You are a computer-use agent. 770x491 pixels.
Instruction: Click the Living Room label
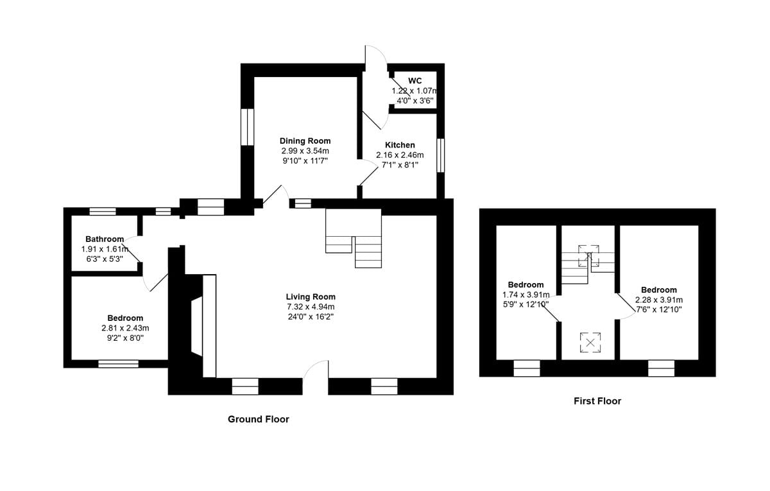pos(311,297)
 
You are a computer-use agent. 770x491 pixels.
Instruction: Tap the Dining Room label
pos(305,141)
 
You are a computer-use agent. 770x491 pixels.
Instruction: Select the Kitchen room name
pos(400,145)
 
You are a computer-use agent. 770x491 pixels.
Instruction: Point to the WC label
pos(415,81)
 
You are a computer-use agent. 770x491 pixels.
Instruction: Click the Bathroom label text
pos(105,239)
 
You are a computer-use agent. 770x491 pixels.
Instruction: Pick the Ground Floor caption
pos(258,419)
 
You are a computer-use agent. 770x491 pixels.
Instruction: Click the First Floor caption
pos(597,401)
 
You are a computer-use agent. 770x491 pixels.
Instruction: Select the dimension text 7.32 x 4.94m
pos(311,307)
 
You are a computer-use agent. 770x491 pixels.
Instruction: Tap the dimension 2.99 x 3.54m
pos(305,151)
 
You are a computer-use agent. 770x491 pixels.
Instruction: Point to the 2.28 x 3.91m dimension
pos(658,300)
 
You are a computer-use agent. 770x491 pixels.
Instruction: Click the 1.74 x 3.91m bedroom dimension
pos(526,295)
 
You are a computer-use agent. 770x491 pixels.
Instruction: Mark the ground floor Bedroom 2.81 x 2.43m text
pos(125,328)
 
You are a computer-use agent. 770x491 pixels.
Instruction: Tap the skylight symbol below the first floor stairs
pos(590,342)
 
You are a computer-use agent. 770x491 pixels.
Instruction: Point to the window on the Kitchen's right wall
pos(440,155)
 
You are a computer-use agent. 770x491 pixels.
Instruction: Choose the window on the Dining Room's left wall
pos(247,126)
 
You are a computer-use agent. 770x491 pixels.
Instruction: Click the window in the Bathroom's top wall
pos(102,211)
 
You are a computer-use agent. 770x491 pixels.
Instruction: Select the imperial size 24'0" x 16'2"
pos(311,316)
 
